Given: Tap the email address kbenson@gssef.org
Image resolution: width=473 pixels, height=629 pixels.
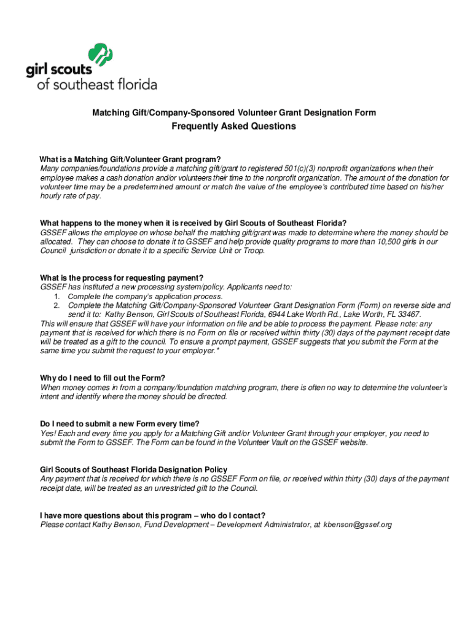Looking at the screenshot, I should (x=358, y=525).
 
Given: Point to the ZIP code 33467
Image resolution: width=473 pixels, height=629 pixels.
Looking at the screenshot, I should (x=408, y=314).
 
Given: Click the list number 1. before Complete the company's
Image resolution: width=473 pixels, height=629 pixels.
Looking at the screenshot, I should (x=57, y=296).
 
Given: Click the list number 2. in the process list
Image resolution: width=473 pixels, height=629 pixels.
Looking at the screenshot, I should (x=57, y=305).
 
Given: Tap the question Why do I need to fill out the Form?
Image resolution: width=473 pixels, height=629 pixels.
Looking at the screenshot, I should (x=103, y=378).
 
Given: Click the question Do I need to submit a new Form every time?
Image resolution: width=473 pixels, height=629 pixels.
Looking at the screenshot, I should (x=120, y=424).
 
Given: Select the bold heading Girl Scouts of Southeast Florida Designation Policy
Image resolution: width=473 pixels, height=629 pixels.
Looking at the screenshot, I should (x=133, y=470).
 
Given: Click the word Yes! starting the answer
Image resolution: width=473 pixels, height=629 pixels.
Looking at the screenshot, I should (x=49, y=433).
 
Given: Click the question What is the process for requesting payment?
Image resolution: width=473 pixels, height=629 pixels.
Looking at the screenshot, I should (x=122, y=277).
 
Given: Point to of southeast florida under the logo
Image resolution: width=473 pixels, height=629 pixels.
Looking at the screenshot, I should (x=97, y=85).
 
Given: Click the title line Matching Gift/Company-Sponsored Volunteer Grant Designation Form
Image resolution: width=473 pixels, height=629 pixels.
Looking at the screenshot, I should (x=234, y=113).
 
